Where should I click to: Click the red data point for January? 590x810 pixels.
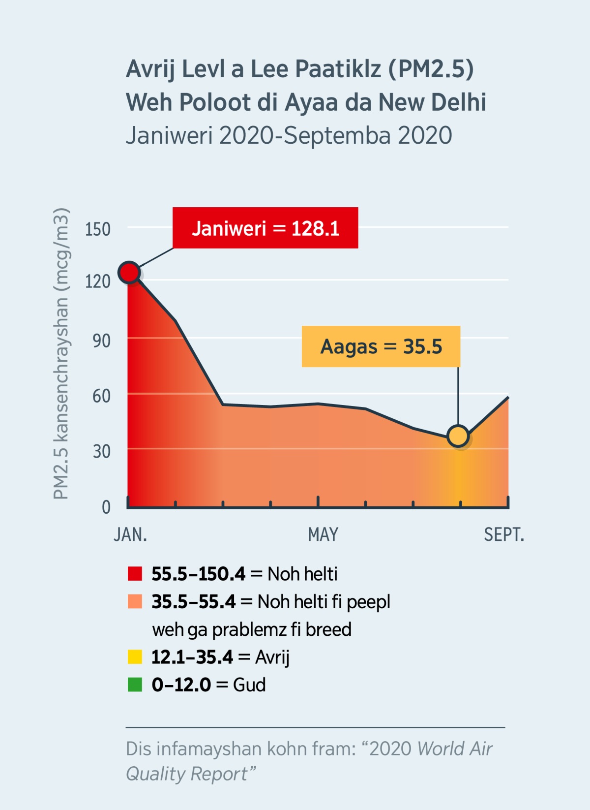pyautogui.click(x=129, y=272)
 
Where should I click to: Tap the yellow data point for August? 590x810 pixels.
pyautogui.click(x=458, y=436)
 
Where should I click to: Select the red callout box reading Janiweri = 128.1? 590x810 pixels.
pyautogui.click(x=265, y=228)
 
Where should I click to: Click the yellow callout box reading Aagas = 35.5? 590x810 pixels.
pyautogui.click(x=381, y=346)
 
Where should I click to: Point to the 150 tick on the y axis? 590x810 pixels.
pyautogui.click(x=98, y=229)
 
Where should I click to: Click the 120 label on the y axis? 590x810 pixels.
pyautogui.click(x=98, y=281)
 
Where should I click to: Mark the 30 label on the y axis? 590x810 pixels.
pyautogui.click(x=101, y=451)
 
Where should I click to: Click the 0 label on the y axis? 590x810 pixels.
pyautogui.click(x=106, y=507)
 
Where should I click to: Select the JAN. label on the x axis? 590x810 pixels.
pyautogui.click(x=130, y=534)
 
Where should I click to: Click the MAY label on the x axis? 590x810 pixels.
pyautogui.click(x=323, y=534)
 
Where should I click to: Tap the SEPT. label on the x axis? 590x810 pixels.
pyautogui.click(x=504, y=534)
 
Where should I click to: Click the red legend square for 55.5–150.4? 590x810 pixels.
pyautogui.click(x=135, y=574)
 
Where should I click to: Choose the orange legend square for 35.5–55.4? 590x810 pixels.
pyautogui.click(x=135, y=601)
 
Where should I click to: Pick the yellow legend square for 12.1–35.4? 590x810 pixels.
pyautogui.click(x=135, y=657)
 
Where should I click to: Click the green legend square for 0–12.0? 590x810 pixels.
pyautogui.click(x=135, y=685)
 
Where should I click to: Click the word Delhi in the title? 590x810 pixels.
pyautogui.click(x=459, y=102)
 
